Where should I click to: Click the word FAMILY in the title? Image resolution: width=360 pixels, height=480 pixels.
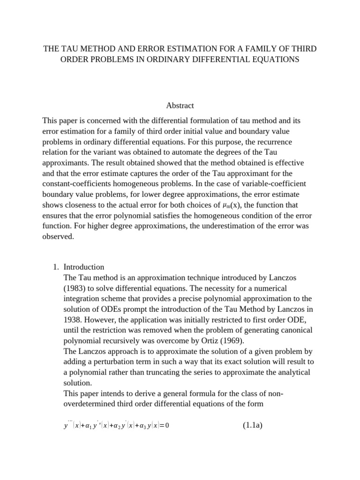[x=250, y=49]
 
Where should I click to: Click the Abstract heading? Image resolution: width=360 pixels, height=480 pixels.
[x=180, y=105]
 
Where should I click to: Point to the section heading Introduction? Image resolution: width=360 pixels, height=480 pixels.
[x=84, y=267]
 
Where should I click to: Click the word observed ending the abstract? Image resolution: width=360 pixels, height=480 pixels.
[x=58, y=236]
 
